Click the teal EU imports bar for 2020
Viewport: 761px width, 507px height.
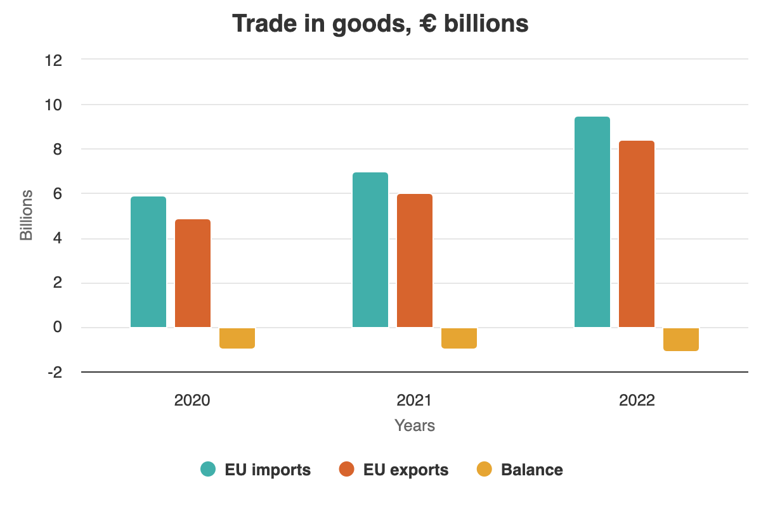tap(148, 262)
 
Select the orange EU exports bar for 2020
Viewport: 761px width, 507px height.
tap(193, 273)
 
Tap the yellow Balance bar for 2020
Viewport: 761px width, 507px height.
tap(237, 338)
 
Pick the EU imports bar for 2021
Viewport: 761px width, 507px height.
tap(370, 250)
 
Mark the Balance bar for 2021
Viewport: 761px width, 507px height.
tap(459, 338)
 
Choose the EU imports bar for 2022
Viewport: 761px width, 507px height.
tap(592, 222)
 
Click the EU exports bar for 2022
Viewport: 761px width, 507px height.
tap(637, 234)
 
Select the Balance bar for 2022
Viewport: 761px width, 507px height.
tap(681, 339)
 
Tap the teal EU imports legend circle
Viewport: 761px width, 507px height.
tap(209, 470)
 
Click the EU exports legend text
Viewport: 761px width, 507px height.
tap(406, 470)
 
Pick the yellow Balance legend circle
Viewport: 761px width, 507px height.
tap(485, 470)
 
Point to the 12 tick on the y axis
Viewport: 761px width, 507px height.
tap(54, 60)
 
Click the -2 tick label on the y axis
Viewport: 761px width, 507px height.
tap(54, 373)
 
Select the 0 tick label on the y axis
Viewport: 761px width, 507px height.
tap(58, 328)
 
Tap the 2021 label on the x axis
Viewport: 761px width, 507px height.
tap(415, 401)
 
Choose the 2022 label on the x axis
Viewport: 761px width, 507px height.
tap(637, 401)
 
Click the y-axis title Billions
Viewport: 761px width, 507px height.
tap(27, 215)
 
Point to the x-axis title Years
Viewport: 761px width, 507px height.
tap(415, 425)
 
